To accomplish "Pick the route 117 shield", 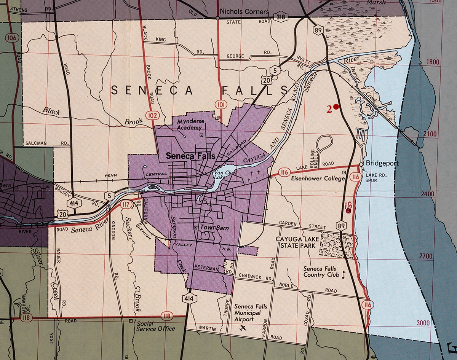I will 125,205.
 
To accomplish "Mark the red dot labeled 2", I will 336,107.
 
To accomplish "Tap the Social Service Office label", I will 156,326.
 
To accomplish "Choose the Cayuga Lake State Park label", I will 296,242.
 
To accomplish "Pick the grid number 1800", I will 433,62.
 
